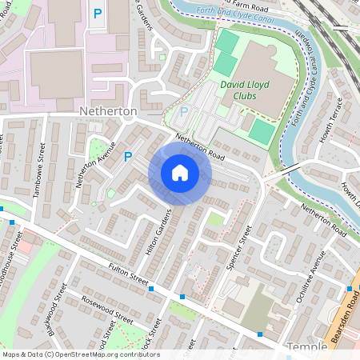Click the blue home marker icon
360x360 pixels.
click(179, 172)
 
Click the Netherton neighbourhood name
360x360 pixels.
click(110, 110)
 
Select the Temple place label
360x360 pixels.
click(307, 347)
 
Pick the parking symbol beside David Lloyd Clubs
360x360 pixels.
click(184, 112)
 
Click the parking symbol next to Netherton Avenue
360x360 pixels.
click(128, 157)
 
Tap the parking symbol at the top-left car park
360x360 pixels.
click(98, 14)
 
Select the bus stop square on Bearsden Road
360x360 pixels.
click(349, 288)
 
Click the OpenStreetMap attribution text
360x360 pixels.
click(80, 354)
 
